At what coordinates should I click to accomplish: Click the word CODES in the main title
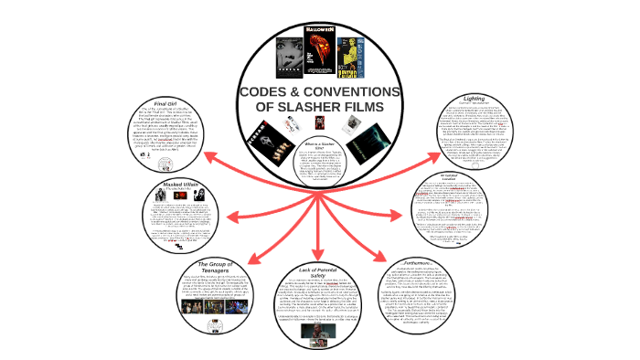pyautogui.click(x=273, y=93)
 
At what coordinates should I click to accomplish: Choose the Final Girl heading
pyautogui.click(x=165, y=103)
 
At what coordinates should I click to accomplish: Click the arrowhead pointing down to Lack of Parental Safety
pyautogui.click(x=320, y=252)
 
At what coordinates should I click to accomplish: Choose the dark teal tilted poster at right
pyautogui.click(x=368, y=139)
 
